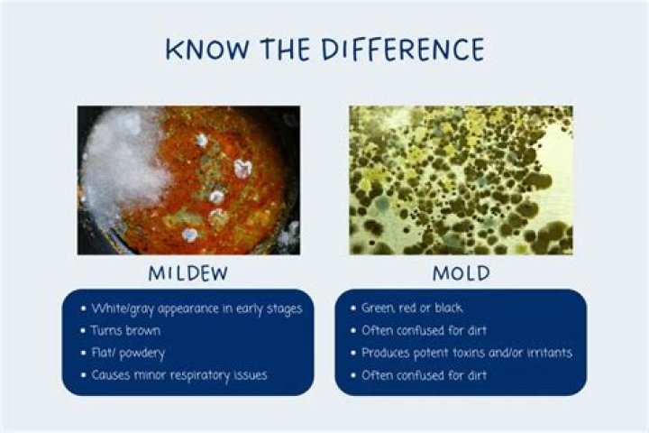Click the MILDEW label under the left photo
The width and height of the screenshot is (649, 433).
[x=187, y=272]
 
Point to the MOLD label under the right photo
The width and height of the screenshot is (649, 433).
[x=461, y=272]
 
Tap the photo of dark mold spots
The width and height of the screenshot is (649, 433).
[x=461, y=180]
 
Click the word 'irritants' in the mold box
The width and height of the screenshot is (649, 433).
[x=543, y=353]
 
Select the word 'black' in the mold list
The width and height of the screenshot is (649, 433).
[x=448, y=309]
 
